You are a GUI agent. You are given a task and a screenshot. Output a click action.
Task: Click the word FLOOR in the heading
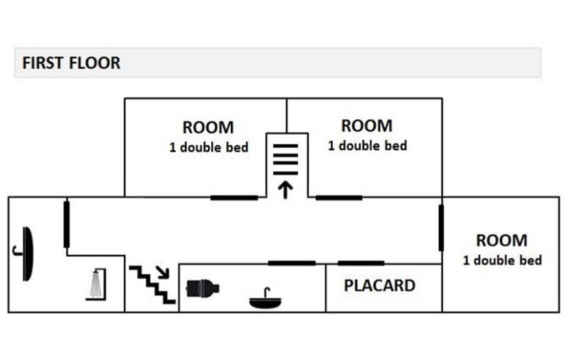click(94, 63)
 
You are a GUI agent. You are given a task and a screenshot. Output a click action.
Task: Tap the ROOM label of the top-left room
click(208, 127)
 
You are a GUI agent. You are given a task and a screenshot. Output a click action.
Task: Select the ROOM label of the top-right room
click(367, 126)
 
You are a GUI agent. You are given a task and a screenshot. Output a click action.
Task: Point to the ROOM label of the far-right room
click(502, 240)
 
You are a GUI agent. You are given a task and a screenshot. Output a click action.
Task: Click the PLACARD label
click(380, 285)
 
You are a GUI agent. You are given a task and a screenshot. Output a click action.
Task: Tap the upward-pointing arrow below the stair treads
click(286, 190)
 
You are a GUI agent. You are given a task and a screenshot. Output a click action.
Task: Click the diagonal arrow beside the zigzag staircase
click(163, 272)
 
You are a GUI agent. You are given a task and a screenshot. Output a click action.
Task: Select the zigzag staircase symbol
click(152, 285)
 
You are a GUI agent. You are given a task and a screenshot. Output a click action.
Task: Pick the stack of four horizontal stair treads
click(286, 159)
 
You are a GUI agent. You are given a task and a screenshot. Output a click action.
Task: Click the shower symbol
click(96, 284)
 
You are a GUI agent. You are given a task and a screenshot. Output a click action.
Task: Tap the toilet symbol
click(202, 288)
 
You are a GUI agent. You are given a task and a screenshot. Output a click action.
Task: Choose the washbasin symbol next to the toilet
click(266, 298)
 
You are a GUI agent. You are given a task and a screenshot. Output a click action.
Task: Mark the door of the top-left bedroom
click(234, 197)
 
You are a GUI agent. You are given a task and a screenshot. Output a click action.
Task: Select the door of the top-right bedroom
click(339, 197)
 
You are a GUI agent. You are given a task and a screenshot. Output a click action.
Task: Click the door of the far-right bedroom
click(441, 227)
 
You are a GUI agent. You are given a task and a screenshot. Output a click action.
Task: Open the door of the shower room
click(66, 224)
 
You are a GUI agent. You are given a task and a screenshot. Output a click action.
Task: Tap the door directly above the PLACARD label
click(361, 263)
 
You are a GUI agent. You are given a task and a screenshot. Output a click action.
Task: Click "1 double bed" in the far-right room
click(503, 260)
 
